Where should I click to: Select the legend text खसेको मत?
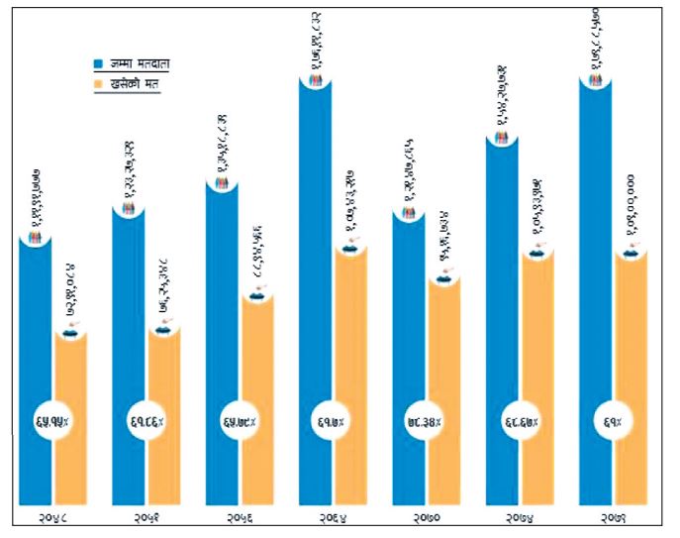(x=135, y=84)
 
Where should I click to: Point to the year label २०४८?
(x=52, y=518)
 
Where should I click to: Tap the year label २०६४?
(x=333, y=518)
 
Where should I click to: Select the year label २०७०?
(x=426, y=518)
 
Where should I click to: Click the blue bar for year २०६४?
(x=316, y=297)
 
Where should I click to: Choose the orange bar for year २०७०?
(x=444, y=396)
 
